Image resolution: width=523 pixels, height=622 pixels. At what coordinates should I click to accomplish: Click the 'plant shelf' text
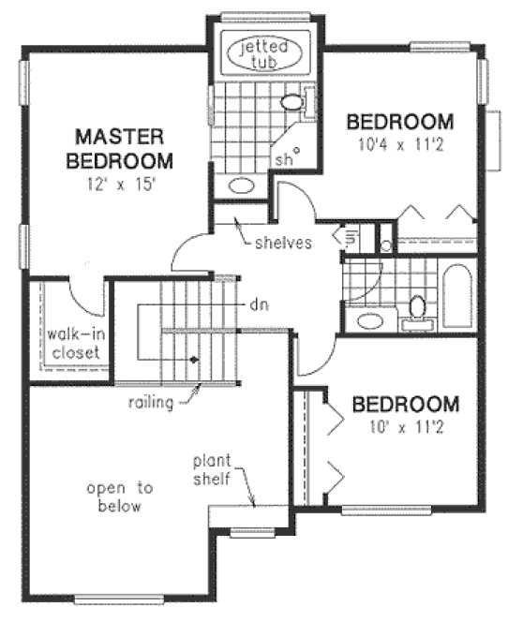click(x=219, y=471)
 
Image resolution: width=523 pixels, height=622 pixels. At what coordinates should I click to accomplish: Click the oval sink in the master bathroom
click(x=241, y=185)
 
